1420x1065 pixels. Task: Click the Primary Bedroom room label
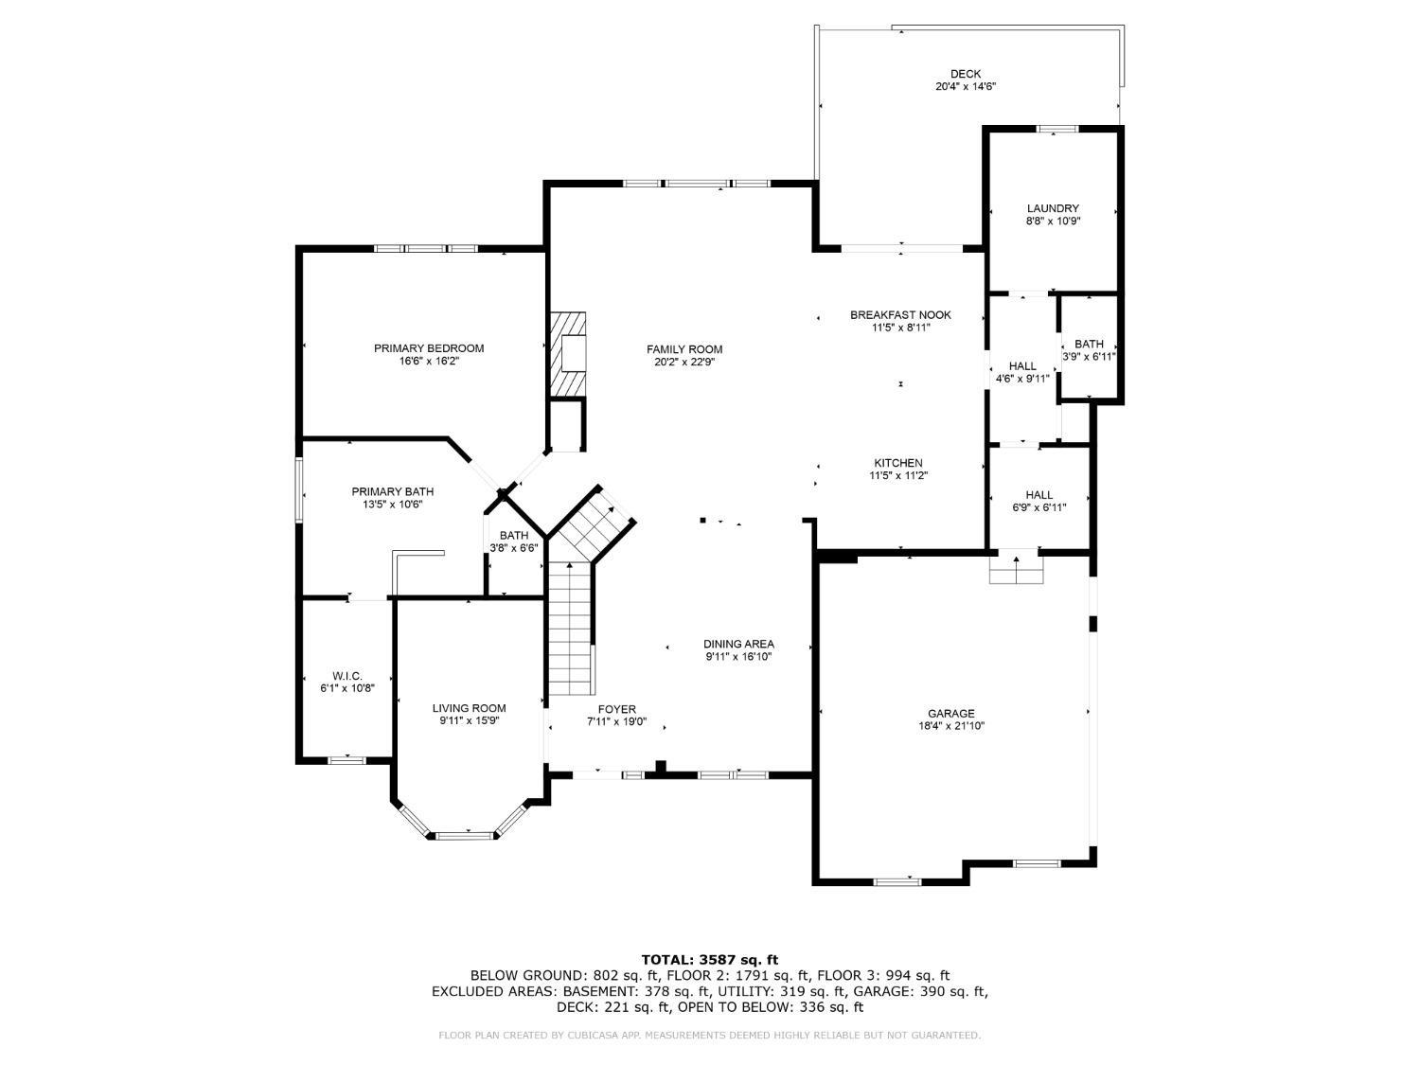pos(428,348)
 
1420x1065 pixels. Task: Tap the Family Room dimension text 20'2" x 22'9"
pos(683,363)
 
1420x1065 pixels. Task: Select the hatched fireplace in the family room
pos(567,354)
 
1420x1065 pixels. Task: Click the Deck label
pos(966,74)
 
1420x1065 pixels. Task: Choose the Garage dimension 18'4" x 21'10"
pos(951,726)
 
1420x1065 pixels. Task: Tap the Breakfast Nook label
pos(900,315)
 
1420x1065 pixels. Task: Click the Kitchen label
pos(898,463)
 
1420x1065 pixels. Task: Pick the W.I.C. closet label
pos(346,676)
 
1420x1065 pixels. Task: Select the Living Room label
pos(469,708)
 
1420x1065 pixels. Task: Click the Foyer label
pos(616,709)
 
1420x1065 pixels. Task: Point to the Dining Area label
pos(738,644)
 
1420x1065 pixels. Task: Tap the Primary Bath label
pos(392,492)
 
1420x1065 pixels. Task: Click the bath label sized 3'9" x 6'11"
pos(1089,344)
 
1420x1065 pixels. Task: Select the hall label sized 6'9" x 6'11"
pos(1038,495)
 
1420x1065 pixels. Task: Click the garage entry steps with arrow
pos(1017,567)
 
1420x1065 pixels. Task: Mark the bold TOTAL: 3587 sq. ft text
pos(710,960)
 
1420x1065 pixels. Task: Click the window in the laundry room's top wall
pos(1057,129)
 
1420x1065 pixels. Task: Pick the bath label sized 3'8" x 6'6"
pos(514,536)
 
